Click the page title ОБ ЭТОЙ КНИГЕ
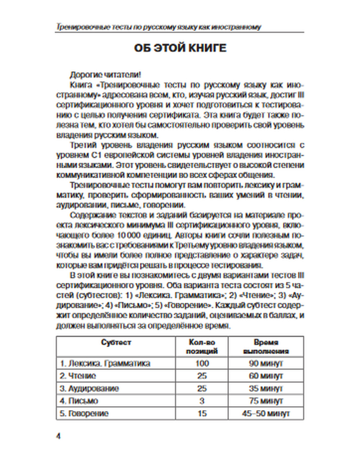coord(180,48)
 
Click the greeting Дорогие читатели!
coord(105,75)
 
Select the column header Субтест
coord(116,342)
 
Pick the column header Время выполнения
coord(266,347)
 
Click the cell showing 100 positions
coord(202,363)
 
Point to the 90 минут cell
coord(266,363)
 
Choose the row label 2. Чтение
coord(78,376)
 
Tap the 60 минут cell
coord(266,376)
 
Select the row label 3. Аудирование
coord(89,388)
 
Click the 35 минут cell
coord(266,388)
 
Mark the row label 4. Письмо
coord(79,401)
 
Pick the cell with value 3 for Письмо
coord(202,401)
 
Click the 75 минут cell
coord(266,401)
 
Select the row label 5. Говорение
coord(84,414)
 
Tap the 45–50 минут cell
coord(266,414)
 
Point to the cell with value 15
coord(202,414)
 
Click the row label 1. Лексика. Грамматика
coord(105,363)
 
